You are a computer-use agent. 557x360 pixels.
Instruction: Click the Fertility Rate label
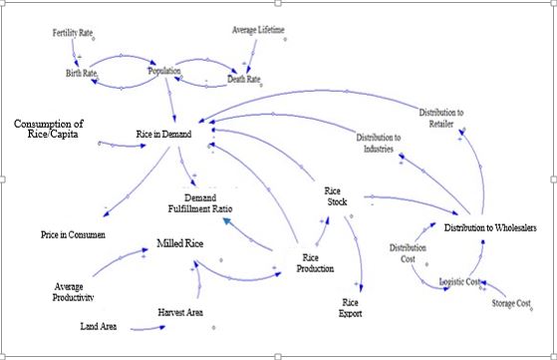click(73, 34)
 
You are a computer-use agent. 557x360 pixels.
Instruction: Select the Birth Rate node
click(83, 74)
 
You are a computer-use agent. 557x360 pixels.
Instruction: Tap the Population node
click(164, 72)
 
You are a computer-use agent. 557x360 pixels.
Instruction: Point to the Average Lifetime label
click(257, 30)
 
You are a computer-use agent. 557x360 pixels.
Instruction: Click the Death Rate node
click(243, 80)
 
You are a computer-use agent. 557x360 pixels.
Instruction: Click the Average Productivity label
click(75, 291)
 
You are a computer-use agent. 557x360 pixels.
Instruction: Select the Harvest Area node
click(180, 313)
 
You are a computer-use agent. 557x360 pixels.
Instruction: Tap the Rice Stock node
click(333, 196)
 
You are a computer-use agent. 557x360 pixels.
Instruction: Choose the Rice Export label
click(350, 307)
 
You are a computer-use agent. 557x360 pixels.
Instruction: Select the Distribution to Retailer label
click(440, 119)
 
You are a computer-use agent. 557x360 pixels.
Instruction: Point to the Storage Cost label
click(511, 302)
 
